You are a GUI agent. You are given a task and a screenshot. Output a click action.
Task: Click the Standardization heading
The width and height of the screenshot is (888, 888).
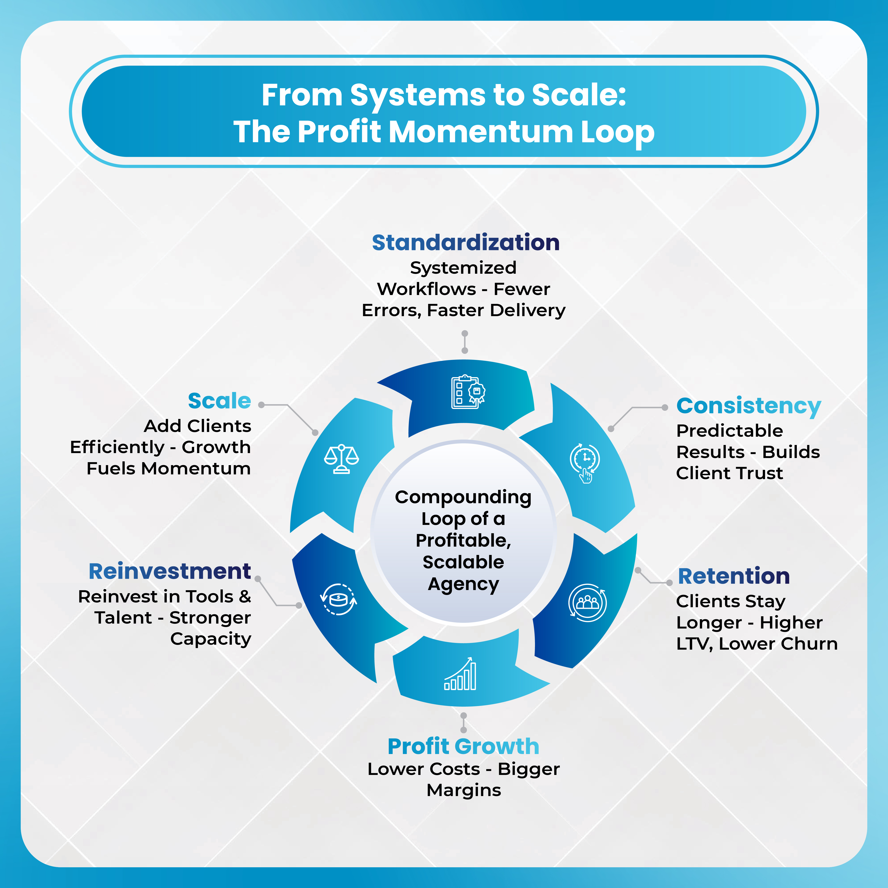pyautogui.click(x=465, y=243)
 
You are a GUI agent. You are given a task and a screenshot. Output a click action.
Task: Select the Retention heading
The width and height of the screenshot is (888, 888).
pyautogui.click(x=733, y=576)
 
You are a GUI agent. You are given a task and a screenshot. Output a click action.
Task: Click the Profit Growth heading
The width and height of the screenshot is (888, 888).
pyautogui.click(x=463, y=746)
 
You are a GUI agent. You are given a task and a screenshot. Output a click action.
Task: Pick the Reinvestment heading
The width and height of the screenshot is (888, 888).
pyautogui.click(x=170, y=571)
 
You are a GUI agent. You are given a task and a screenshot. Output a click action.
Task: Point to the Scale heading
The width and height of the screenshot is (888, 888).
pyautogui.click(x=219, y=401)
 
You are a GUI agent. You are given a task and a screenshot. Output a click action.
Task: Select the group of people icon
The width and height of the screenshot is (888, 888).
pyautogui.click(x=587, y=603)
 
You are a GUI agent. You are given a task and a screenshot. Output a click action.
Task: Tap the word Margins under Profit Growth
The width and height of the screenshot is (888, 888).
pyautogui.click(x=463, y=790)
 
